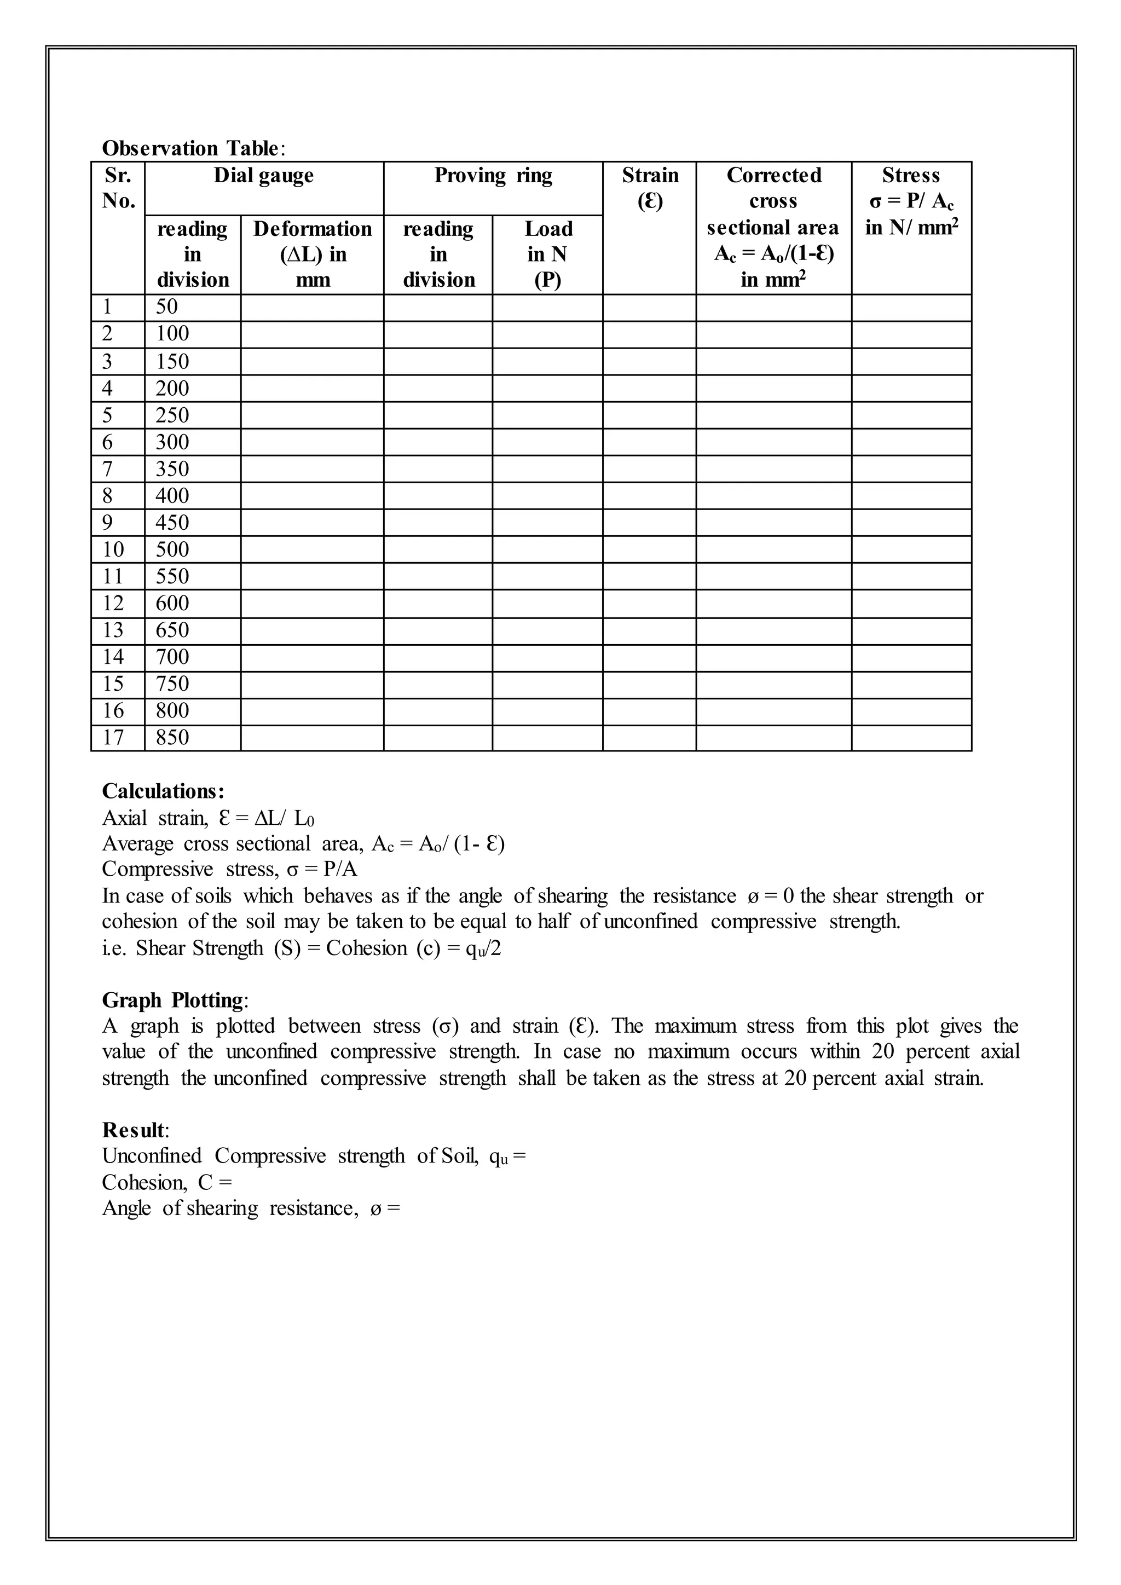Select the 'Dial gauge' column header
(x=264, y=175)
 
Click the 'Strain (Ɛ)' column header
(x=650, y=188)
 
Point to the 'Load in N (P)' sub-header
(x=547, y=254)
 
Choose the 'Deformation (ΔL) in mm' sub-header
(x=312, y=254)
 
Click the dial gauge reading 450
(x=172, y=523)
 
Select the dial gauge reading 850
(x=172, y=737)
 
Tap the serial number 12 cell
(x=113, y=603)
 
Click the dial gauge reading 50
(x=166, y=307)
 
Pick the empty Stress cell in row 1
(x=911, y=308)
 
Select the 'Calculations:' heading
(x=163, y=791)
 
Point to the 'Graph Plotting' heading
(x=172, y=1000)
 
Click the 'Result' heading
(x=134, y=1130)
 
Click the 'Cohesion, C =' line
(x=167, y=1183)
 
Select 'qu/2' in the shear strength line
(x=483, y=948)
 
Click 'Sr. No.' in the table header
(x=118, y=188)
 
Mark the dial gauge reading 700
(x=172, y=657)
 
